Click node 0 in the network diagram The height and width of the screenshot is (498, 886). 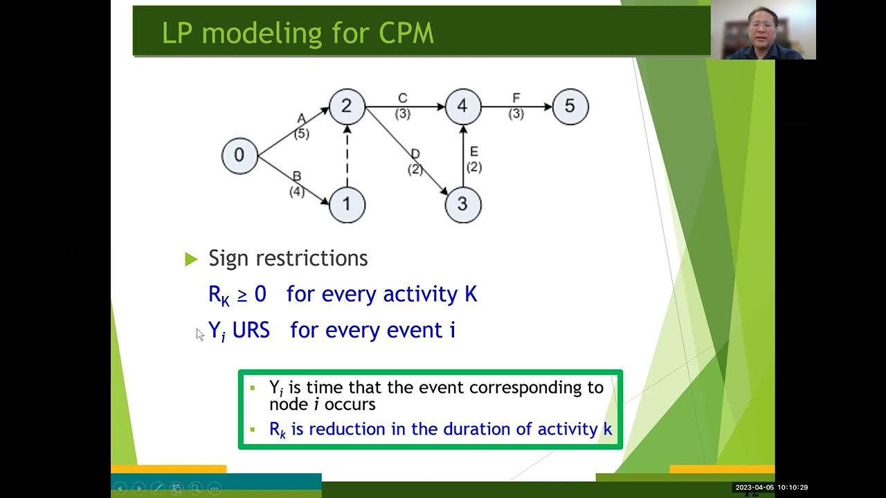coord(239,156)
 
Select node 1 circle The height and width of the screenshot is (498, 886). coord(347,204)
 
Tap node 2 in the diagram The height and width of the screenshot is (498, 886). coord(347,107)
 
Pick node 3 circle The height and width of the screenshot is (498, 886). coord(463,204)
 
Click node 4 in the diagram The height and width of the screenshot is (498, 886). coord(463,107)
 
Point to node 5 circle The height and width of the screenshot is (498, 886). coord(570,107)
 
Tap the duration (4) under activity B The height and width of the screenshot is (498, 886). coord(297,192)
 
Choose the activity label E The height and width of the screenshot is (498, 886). coord(474,152)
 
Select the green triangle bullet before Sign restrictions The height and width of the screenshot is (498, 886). coord(192,259)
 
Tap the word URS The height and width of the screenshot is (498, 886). coord(251,330)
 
